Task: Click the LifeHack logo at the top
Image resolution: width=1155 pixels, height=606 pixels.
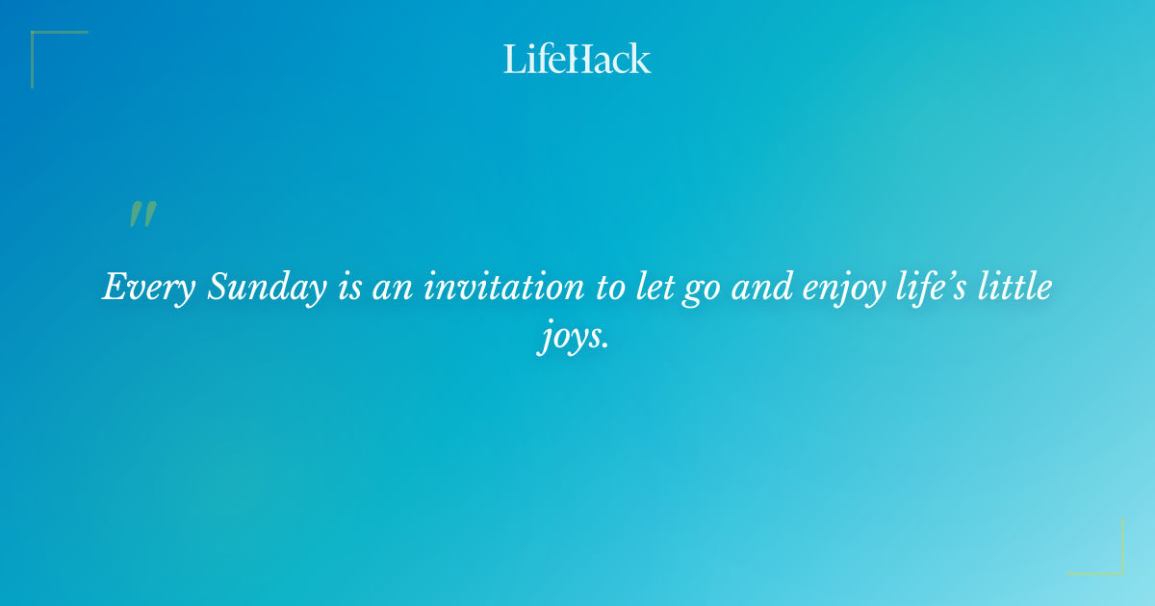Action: coord(577,59)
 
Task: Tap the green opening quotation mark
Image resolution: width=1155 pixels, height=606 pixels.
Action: coord(142,215)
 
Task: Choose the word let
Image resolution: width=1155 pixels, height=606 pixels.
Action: coord(656,287)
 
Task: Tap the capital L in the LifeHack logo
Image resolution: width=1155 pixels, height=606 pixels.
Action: coord(514,60)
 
